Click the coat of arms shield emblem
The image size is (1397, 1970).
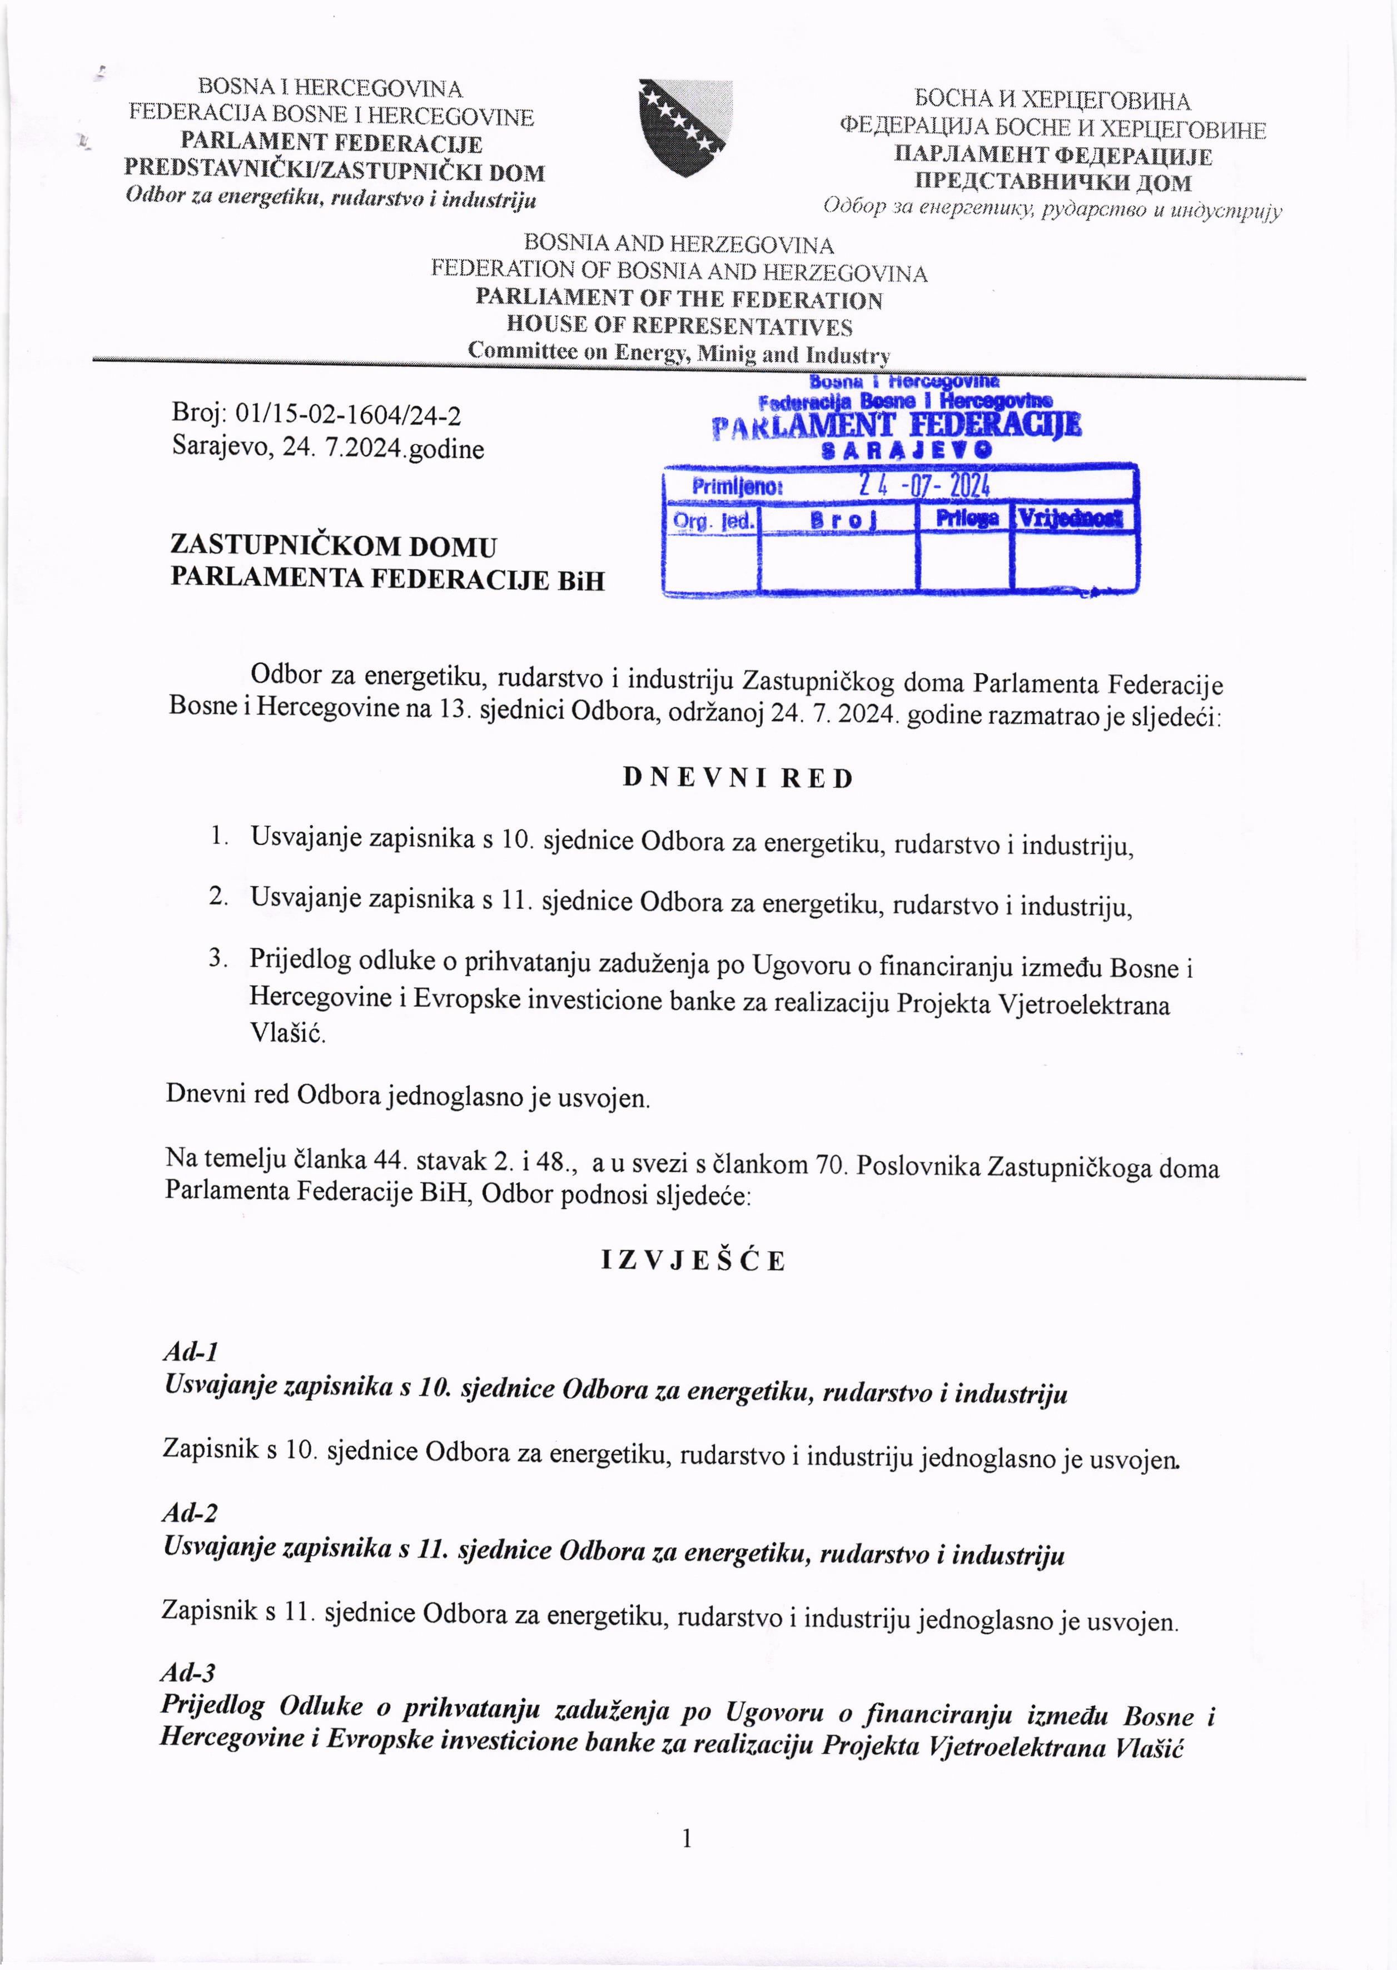click(685, 127)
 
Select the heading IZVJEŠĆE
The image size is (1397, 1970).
click(693, 1261)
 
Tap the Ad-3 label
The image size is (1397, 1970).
click(187, 1673)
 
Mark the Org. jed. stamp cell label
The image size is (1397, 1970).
click(713, 520)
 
